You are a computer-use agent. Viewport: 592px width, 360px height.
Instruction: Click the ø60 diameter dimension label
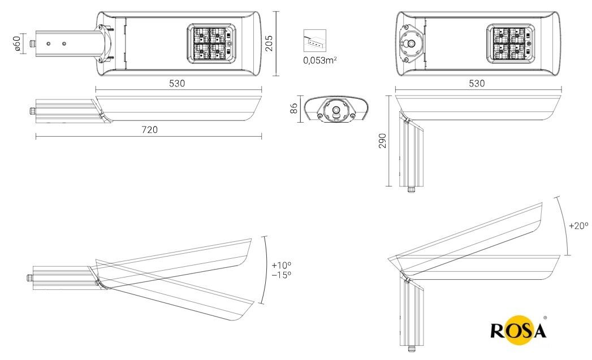point(17,43)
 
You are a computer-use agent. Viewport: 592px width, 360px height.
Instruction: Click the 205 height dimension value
point(270,44)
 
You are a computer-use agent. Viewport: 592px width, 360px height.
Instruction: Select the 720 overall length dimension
point(149,129)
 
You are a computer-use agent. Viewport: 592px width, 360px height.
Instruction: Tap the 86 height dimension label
point(294,109)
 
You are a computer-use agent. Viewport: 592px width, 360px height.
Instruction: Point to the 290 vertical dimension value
point(382,141)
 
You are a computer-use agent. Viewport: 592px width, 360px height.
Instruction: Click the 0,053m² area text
point(320,60)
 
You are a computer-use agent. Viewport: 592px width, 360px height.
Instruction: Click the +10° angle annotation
point(281,265)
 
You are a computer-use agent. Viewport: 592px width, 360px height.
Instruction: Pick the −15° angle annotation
point(281,275)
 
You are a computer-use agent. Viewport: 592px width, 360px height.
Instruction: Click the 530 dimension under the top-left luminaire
point(177,83)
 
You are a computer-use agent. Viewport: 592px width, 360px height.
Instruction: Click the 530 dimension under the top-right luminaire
point(477,83)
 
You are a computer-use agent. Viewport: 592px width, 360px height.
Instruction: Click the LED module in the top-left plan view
point(211,44)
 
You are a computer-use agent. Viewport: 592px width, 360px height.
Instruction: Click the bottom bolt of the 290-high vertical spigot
point(410,189)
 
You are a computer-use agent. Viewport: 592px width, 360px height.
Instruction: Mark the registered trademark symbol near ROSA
point(545,318)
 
